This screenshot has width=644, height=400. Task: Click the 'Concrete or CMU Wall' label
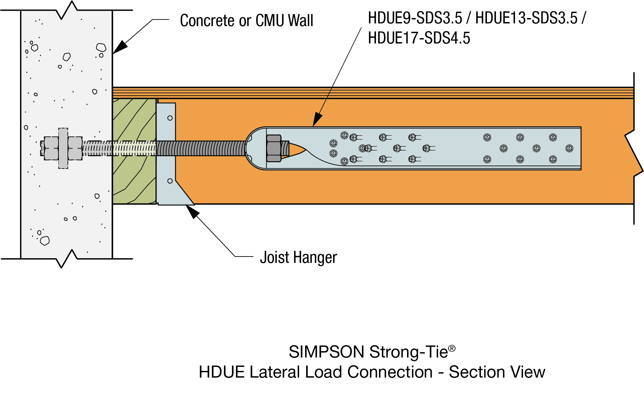tap(246, 21)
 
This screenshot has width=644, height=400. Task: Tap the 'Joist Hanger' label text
tap(298, 258)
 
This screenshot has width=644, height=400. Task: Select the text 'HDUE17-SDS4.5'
tap(419, 38)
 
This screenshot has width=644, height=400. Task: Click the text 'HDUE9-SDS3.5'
tap(415, 18)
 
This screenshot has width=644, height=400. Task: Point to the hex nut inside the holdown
tap(274, 148)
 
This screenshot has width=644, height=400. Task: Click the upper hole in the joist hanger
tap(170, 118)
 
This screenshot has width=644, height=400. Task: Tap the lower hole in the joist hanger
tap(170, 181)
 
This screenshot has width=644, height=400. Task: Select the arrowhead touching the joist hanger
tap(192, 211)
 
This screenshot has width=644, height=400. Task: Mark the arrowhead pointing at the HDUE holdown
tap(317, 120)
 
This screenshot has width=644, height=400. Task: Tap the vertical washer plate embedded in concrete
tap(63, 148)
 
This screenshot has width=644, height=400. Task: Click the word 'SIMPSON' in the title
tap(326, 352)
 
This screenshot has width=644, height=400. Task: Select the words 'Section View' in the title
tap(497, 372)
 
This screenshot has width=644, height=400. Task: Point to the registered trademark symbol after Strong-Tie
tap(452, 348)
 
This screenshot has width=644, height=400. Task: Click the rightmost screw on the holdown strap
tap(569, 148)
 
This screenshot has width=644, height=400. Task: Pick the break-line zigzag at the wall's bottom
tap(67, 259)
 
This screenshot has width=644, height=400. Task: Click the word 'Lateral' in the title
tap(274, 372)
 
